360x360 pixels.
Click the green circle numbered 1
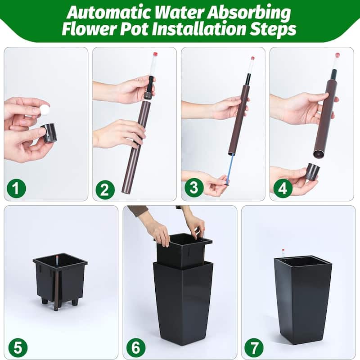[x=16, y=189]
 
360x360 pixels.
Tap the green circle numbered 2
[x=105, y=189]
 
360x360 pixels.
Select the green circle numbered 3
[x=194, y=188]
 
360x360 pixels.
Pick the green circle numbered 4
[x=283, y=189]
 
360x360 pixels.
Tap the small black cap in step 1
[x=49, y=133]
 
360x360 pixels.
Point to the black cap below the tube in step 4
[x=312, y=172]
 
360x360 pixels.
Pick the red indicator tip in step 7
[x=283, y=250]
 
